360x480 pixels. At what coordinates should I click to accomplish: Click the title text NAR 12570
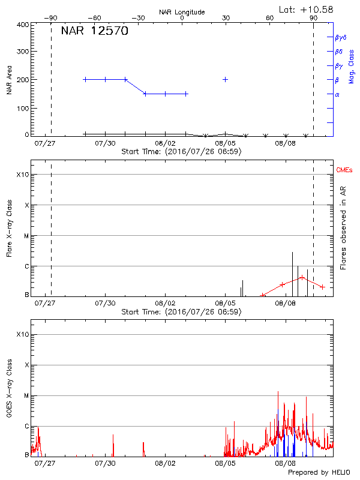[94, 31]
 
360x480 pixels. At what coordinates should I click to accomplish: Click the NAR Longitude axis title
[182, 12]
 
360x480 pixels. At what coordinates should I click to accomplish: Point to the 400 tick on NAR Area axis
[22, 25]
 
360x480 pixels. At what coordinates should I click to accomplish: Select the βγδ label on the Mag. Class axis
[341, 37]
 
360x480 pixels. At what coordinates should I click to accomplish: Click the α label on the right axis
[337, 94]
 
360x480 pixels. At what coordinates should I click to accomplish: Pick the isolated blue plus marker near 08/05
[226, 79]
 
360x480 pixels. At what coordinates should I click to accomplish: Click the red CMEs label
[345, 171]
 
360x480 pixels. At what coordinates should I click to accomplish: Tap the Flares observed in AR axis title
[344, 228]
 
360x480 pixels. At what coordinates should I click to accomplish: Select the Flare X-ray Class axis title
[10, 228]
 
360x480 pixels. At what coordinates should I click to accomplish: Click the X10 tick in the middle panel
[23, 175]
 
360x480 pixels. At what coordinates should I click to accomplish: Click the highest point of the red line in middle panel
[302, 277]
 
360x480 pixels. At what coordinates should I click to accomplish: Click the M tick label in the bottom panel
[26, 395]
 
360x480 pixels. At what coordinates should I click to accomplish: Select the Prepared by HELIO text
[319, 473]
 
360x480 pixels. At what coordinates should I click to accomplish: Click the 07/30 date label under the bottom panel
[106, 463]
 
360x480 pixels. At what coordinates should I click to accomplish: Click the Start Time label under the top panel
[181, 152]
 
